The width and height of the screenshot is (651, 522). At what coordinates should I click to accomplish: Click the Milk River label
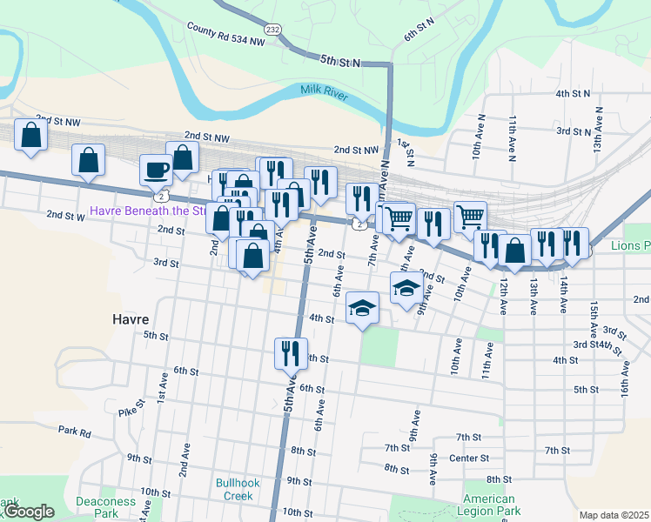click(324, 90)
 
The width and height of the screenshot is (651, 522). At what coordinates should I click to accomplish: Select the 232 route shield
click(273, 29)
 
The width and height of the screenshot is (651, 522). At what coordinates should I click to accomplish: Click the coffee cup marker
click(156, 169)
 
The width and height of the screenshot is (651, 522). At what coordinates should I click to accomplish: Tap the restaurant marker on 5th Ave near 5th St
click(289, 352)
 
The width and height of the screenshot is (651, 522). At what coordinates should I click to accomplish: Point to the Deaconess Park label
click(105, 507)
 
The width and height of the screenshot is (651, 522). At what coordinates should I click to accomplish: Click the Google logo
click(28, 512)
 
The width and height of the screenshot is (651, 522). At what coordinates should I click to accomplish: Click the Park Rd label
click(75, 431)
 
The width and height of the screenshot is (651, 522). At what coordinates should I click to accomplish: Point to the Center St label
click(469, 458)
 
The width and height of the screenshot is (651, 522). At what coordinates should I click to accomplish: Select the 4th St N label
click(573, 93)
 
